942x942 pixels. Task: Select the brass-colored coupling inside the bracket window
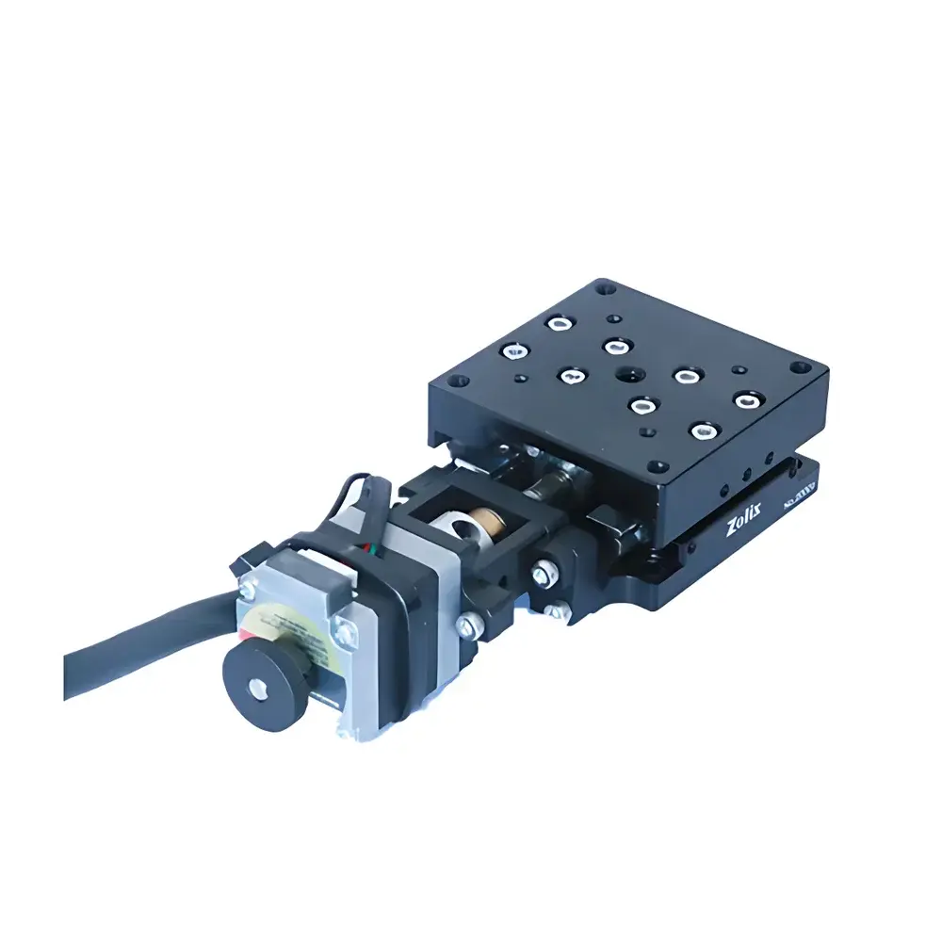coord(489,518)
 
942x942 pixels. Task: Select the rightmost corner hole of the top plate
coord(800,368)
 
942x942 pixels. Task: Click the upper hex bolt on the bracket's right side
coord(544,571)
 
